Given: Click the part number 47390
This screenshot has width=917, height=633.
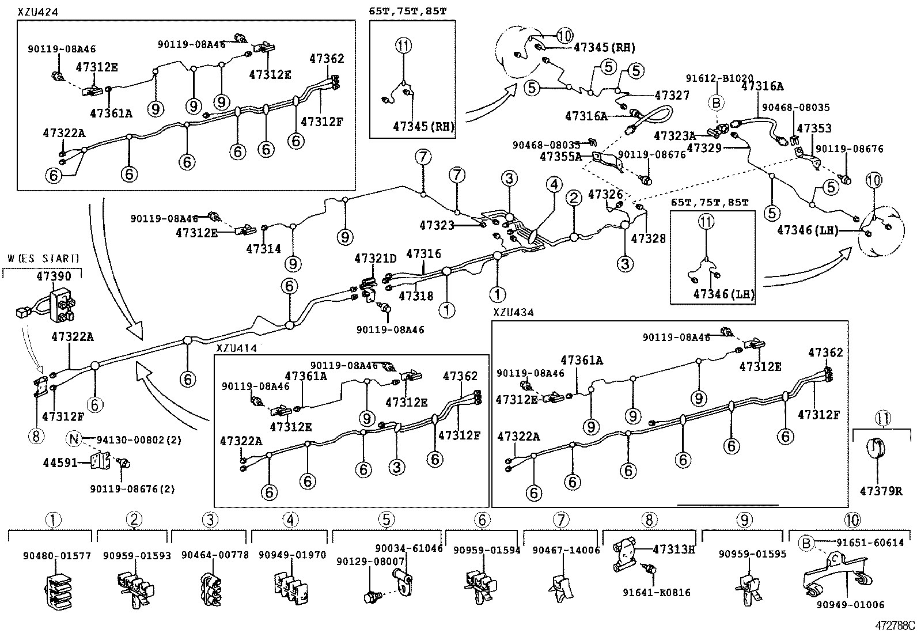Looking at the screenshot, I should point(54,276).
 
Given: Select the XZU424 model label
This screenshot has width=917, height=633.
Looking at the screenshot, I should point(37,12).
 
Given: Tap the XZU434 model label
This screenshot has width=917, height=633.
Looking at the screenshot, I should point(513,312).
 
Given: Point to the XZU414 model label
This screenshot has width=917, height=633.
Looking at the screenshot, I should point(236,348).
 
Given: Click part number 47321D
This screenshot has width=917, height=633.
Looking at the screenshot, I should point(376,259).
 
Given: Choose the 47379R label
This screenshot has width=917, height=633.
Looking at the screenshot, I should point(881,491).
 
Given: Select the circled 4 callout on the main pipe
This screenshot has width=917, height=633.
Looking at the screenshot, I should point(554,185).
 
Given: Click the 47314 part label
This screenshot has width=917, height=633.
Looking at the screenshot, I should point(263,249).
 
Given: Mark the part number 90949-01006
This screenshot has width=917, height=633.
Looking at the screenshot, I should point(850,604).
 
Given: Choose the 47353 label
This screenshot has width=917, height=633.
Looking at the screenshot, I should point(814,128).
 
